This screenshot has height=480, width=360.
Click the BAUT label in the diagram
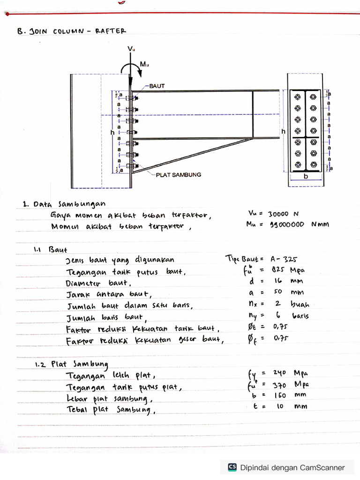(x=157, y=86)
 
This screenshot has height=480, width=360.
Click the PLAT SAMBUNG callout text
(x=179, y=174)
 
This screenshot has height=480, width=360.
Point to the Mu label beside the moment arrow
(x=144, y=65)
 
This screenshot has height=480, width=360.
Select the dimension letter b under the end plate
(x=306, y=177)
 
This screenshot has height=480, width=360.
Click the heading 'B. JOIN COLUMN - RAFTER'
(x=71, y=31)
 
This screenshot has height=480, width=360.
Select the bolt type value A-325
(x=284, y=259)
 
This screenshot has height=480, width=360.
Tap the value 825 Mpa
(x=287, y=270)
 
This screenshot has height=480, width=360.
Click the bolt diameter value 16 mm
(x=287, y=281)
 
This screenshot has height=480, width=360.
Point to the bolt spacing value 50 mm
(x=287, y=292)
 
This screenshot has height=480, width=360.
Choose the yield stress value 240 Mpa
(x=289, y=373)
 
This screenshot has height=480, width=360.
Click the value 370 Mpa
(x=289, y=384)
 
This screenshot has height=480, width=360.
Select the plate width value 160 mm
(x=289, y=395)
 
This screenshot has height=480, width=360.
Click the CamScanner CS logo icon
(x=232, y=467)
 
